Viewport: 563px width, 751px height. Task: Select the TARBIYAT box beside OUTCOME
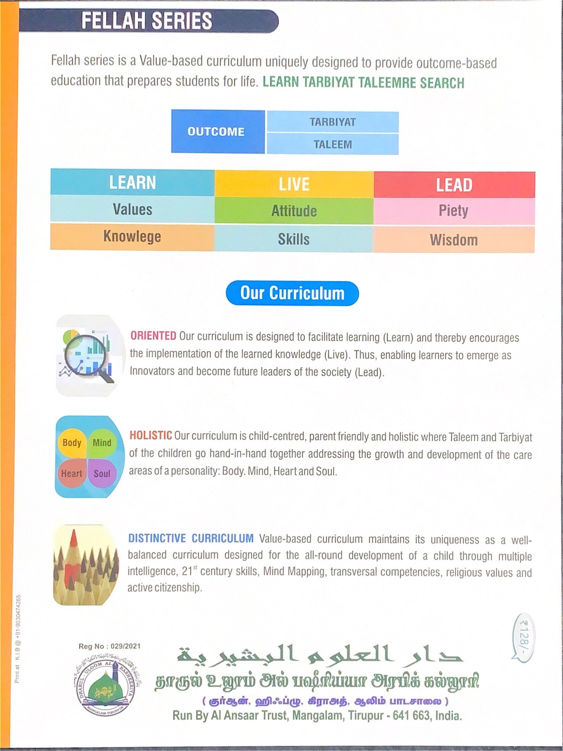[x=332, y=122]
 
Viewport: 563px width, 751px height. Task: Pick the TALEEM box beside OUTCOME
[x=332, y=144]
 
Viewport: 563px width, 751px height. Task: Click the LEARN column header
[x=132, y=182]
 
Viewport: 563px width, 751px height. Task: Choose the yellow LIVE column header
[x=294, y=184]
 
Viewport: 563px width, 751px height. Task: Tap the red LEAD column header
[x=454, y=185]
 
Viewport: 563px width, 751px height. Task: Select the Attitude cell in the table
[x=294, y=211]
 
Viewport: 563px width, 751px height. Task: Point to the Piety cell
[x=453, y=211]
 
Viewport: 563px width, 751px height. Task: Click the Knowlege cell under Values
[x=132, y=237]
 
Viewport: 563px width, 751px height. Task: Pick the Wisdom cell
[x=453, y=240]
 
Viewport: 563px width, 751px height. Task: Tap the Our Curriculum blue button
[x=292, y=293]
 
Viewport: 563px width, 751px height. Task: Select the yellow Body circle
[x=72, y=443]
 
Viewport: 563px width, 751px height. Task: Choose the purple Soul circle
[x=102, y=474]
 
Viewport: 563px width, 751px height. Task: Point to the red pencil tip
[x=74, y=538]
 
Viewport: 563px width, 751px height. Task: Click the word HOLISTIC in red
[x=151, y=435]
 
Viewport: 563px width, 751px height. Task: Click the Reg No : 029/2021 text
[x=110, y=646]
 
